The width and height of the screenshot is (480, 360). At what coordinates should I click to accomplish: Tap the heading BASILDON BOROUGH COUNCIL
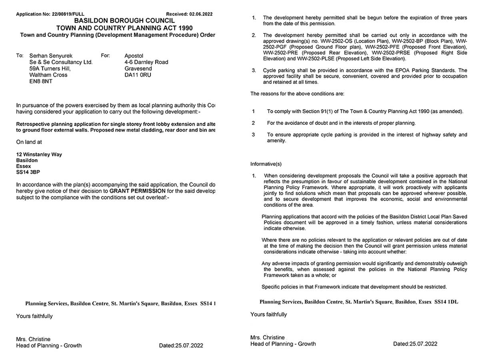pos(124,21)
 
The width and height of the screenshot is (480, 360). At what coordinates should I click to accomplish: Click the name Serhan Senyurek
pos(51,56)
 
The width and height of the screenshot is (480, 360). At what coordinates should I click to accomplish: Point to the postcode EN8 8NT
pos(41,81)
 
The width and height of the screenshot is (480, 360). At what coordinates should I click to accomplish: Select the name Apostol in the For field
pos(134,56)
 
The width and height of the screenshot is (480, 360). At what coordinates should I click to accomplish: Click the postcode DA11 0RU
pos(138,75)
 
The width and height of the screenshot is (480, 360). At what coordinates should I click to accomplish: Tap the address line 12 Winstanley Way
pos(39,154)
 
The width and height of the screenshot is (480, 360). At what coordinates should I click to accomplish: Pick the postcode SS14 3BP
pos(28,172)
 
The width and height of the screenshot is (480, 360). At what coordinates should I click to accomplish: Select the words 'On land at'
pos(29,142)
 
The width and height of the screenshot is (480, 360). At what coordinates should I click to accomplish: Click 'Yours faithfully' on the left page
pos(34,316)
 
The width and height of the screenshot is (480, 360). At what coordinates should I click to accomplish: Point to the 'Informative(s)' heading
pos(266,164)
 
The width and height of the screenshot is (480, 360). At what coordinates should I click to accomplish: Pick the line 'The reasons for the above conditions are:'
pos(297,94)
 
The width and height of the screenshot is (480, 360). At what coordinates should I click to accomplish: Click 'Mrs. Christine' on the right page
pos(268,338)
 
